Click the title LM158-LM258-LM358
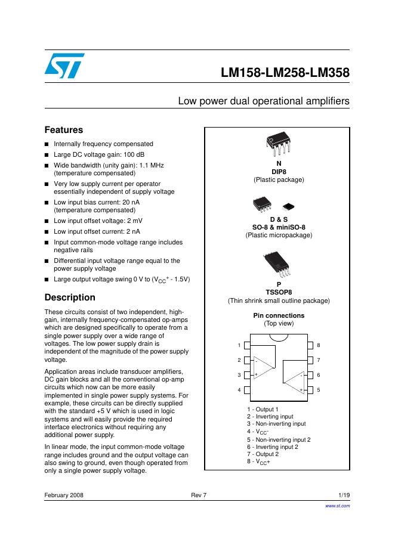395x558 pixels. point(285,73)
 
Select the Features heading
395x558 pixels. point(64,130)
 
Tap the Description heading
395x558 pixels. point(70,297)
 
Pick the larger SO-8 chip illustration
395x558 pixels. point(263,203)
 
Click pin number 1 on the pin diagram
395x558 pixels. point(239,346)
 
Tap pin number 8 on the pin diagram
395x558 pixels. point(318,346)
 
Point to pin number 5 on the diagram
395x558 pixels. point(318,390)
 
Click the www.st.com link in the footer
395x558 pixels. point(337,506)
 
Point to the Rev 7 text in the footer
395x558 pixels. point(197,495)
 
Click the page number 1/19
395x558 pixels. point(344,495)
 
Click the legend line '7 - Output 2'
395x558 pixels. point(263,454)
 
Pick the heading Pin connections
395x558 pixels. point(279,315)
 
